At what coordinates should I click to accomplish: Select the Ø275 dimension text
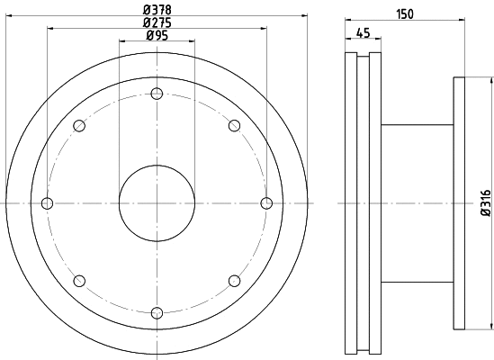(x=157, y=23)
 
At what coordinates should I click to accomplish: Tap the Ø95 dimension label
(x=157, y=35)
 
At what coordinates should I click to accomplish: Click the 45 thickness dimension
(x=363, y=33)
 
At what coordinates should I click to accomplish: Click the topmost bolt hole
(x=157, y=94)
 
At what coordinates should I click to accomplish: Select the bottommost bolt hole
(x=157, y=312)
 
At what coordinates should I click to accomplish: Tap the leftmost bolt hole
(x=48, y=203)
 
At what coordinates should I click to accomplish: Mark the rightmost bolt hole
(x=266, y=203)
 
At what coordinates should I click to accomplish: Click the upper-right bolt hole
(x=234, y=125)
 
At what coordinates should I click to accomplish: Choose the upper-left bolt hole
(x=79, y=125)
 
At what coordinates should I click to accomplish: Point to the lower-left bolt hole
(x=79, y=281)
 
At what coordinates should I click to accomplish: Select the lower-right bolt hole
(x=234, y=281)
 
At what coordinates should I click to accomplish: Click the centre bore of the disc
(x=157, y=203)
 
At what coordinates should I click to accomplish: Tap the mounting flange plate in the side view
(x=459, y=203)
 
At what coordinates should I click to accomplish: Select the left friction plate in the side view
(x=351, y=203)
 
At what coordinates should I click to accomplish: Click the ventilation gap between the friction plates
(x=363, y=203)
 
